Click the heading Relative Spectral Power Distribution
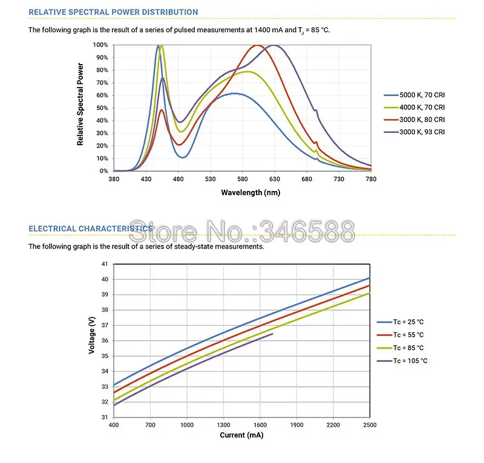point(113,12)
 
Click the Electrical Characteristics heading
point(91,228)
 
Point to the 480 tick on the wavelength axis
point(178,179)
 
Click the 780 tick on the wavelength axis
point(371,179)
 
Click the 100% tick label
point(100,45)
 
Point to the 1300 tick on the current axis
point(223,425)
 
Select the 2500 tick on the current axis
point(370,425)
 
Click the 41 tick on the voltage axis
point(104,264)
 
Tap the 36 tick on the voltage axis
point(104,341)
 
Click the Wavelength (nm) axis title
point(242,192)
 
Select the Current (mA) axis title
point(241,435)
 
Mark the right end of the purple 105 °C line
point(272,334)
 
